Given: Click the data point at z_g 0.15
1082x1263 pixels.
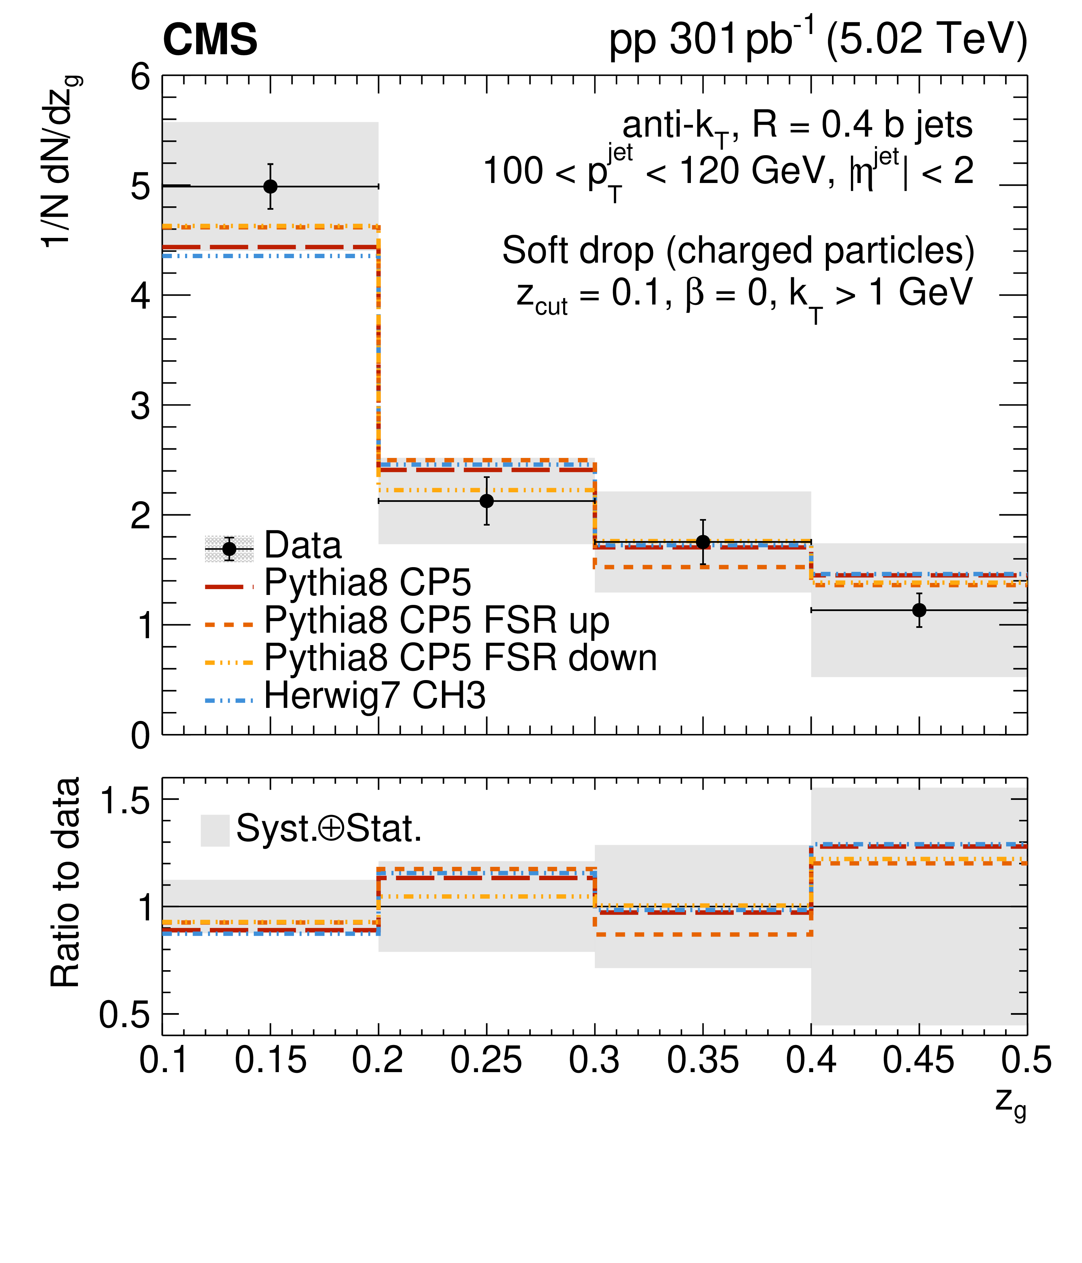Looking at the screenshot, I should coord(270,186).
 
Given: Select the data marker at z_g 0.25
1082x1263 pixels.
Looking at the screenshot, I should coord(487,501).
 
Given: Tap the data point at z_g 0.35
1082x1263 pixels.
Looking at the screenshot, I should coord(703,542).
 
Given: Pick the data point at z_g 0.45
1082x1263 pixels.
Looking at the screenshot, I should coord(919,610).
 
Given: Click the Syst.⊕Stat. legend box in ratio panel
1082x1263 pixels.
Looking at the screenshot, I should coord(215,830).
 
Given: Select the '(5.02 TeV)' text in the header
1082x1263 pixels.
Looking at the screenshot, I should coord(926,39).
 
